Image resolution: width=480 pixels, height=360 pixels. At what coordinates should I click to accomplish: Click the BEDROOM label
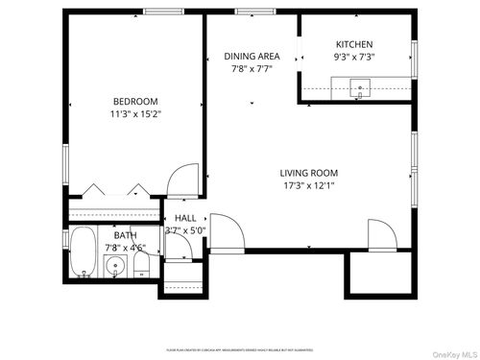pyautogui.click(x=135, y=101)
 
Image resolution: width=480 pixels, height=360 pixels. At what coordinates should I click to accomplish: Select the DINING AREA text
pyautogui.click(x=252, y=56)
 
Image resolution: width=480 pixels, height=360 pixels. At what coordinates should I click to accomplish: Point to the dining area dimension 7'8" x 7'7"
pyautogui.click(x=252, y=68)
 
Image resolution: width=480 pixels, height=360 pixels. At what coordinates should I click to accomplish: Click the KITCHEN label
pyautogui.click(x=354, y=44)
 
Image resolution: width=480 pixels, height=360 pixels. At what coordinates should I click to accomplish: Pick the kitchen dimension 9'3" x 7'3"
pyautogui.click(x=354, y=57)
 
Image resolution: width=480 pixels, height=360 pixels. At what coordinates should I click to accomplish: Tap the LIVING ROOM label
pyautogui.click(x=309, y=173)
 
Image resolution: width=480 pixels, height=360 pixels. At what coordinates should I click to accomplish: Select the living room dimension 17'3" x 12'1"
pyautogui.click(x=309, y=185)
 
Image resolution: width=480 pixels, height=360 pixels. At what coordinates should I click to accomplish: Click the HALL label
pyautogui.click(x=185, y=218)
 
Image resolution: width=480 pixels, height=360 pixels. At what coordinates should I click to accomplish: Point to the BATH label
pyautogui.click(x=126, y=235)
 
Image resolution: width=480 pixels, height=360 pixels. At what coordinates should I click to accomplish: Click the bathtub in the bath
pyautogui.click(x=84, y=252)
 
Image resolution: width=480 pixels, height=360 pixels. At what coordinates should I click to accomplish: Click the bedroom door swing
pyautogui.click(x=177, y=180)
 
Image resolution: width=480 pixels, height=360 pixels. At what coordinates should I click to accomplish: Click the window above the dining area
pyautogui.click(x=252, y=12)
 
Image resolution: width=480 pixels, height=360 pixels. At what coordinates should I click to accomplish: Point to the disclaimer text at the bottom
pyautogui.click(x=240, y=351)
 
